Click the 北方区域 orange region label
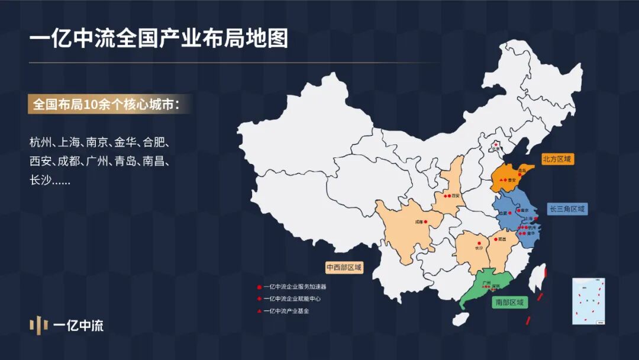pos(559,159)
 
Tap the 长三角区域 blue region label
pos(567,209)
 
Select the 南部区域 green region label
pos(509,303)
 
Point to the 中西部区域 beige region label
pos(344,267)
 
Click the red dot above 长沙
pos(479,242)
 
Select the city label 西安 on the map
pos(455,195)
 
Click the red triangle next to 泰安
pos(501,179)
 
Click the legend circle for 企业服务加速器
pos(259,287)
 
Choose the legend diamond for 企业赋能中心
pos(259,298)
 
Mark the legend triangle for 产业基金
pos(259,310)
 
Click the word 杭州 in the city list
pos(40,143)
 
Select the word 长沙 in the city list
pos(40,180)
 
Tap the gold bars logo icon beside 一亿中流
pos(38,325)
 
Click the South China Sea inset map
pos(588,301)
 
